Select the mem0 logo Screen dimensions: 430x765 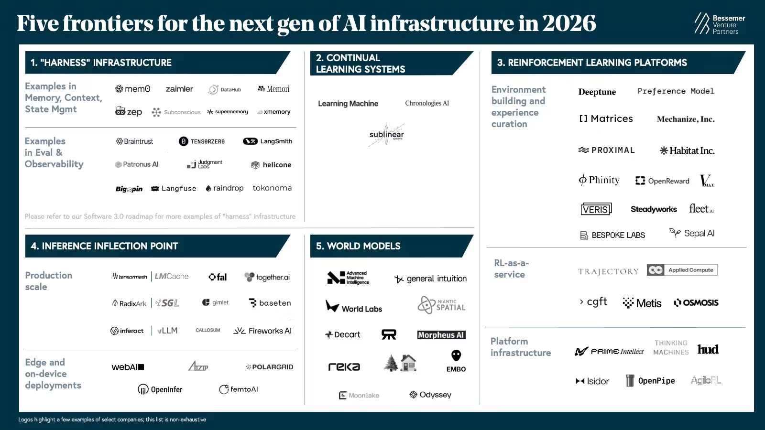click(133, 89)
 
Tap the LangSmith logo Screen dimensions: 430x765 click(268, 141)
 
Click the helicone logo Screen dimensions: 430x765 click(271, 165)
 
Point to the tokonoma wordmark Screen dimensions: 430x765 click(272, 188)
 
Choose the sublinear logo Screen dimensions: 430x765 click(386, 135)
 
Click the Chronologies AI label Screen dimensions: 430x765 click(427, 103)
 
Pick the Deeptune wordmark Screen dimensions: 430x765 click(597, 92)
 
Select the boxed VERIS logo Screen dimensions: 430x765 click(596, 209)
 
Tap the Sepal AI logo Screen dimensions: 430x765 click(692, 233)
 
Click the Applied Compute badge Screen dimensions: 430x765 click(682, 270)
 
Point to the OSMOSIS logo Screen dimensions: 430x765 click(696, 302)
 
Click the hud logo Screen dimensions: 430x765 click(708, 349)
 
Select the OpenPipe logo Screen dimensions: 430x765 click(650, 381)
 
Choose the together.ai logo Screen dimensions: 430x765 click(267, 277)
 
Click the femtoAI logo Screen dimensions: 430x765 click(239, 389)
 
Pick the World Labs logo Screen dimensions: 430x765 click(354, 307)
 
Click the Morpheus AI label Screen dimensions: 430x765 click(441, 335)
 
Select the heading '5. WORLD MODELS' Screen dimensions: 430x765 click(358, 246)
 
